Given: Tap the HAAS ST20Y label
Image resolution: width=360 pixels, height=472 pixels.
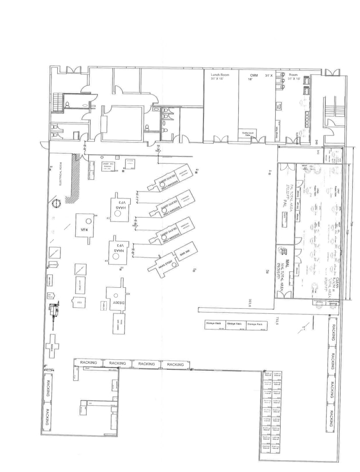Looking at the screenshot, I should click(x=163, y=266).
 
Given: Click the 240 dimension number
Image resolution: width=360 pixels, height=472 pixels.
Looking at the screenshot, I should click(x=317, y=142).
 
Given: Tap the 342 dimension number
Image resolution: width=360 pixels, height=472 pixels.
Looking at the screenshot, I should click(x=318, y=152).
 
